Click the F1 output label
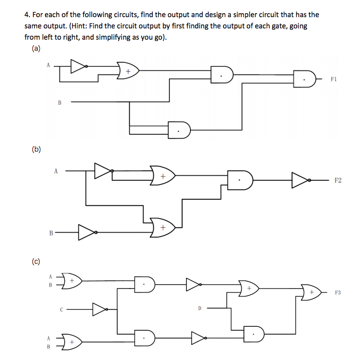(x=334, y=79)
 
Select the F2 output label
(x=338, y=180)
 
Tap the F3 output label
(x=338, y=292)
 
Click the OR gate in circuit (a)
(x=128, y=71)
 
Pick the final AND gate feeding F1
(x=305, y=79)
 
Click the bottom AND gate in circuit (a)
(x=179, y=130)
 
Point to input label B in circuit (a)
(x=60, y=102)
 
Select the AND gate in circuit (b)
(x=240, y=180)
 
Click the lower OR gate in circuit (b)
(x=163, y=228)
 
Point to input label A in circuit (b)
(x=56, y=171)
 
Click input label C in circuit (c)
(x=61, y=310)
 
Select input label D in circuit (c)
(x=200, y=308)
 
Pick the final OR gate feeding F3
(x=311, y=292)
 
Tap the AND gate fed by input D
(x=254, y=334)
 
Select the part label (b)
(x=36, y=149)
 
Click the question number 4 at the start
(x=26, y=15)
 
